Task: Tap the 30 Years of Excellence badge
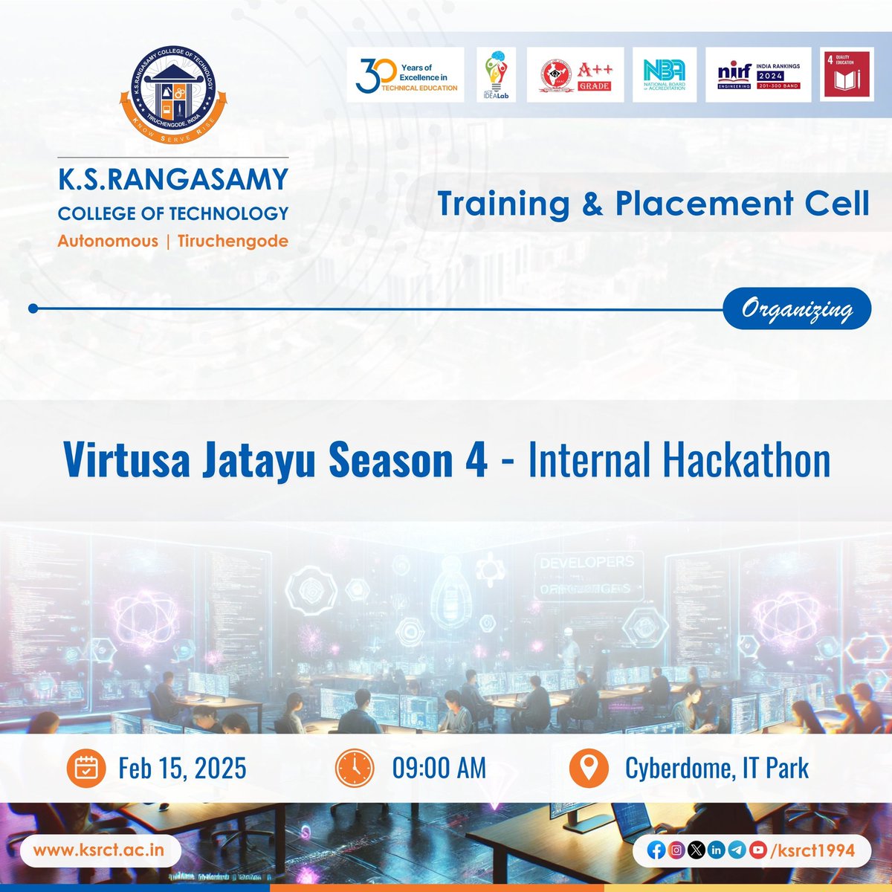(406, 75)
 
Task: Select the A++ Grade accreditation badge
(575, 75)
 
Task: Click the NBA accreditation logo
(664, 75)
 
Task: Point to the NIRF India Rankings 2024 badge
(758, 75)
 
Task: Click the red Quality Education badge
(846, 74)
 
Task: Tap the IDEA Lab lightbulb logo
(496, 75)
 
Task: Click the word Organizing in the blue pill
(796, 308)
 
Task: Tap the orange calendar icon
(87, 769)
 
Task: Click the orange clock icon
(355, 769)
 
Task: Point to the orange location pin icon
(589, 769)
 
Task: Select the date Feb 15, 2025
(182, 769)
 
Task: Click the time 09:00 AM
(439, 769)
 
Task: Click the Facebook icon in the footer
(656, 850)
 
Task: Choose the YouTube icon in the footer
(757, 850)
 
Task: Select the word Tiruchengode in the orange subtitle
(233, 241)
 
